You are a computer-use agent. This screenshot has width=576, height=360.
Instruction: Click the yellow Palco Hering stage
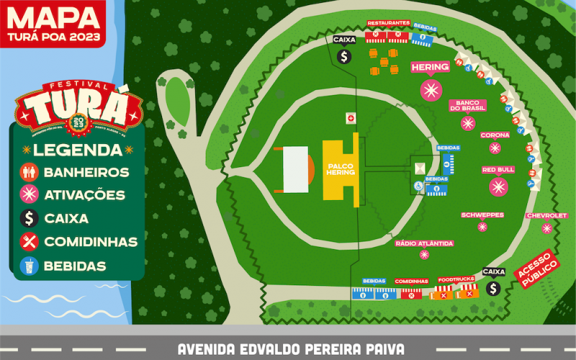340,166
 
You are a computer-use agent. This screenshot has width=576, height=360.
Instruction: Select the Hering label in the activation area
431,68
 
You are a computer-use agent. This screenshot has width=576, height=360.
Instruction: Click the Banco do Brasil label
468,105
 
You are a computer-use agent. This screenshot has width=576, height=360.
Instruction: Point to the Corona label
495,135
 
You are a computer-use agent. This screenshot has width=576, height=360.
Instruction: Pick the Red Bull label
498,170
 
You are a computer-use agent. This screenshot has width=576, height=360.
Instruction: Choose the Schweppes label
482,215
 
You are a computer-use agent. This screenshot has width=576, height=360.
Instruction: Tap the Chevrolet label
546,215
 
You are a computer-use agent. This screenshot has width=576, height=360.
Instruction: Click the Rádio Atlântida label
425,243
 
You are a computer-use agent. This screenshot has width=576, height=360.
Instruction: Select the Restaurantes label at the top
388,23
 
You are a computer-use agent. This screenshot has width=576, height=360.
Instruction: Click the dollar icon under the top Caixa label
344,55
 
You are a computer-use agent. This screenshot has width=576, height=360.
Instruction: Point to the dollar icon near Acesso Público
493,288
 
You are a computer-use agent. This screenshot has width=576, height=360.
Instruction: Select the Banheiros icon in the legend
30,173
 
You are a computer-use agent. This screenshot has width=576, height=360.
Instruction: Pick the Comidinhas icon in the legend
30,241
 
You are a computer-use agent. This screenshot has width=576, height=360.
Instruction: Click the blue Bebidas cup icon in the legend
30,266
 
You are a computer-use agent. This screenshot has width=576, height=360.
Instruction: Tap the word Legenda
78,150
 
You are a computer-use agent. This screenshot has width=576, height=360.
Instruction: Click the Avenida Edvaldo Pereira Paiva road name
291,349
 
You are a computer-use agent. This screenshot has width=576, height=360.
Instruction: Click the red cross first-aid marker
351,117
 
